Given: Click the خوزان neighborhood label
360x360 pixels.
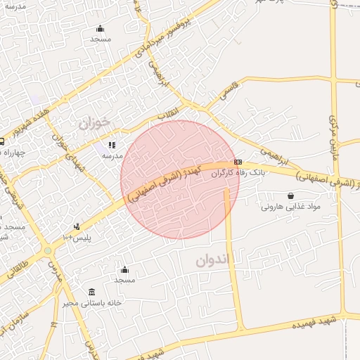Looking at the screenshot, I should click(x=94, y=123).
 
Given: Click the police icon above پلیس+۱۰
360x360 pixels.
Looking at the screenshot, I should click(x=77, y=226).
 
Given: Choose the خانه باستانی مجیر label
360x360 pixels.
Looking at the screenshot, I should click(x=91, y=302).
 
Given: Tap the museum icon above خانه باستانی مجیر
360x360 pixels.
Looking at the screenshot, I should click(x=92, y=292).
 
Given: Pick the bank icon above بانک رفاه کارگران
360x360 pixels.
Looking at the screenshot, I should click(x=238, y=161).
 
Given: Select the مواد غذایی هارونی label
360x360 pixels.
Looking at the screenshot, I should click(x=290, y=207).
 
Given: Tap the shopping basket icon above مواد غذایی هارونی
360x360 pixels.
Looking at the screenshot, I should click(x=290, y=195).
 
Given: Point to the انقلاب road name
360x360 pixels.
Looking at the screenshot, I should click(x=168, y=112).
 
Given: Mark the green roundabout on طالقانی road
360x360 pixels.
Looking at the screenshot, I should click(x=48, y=250).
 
